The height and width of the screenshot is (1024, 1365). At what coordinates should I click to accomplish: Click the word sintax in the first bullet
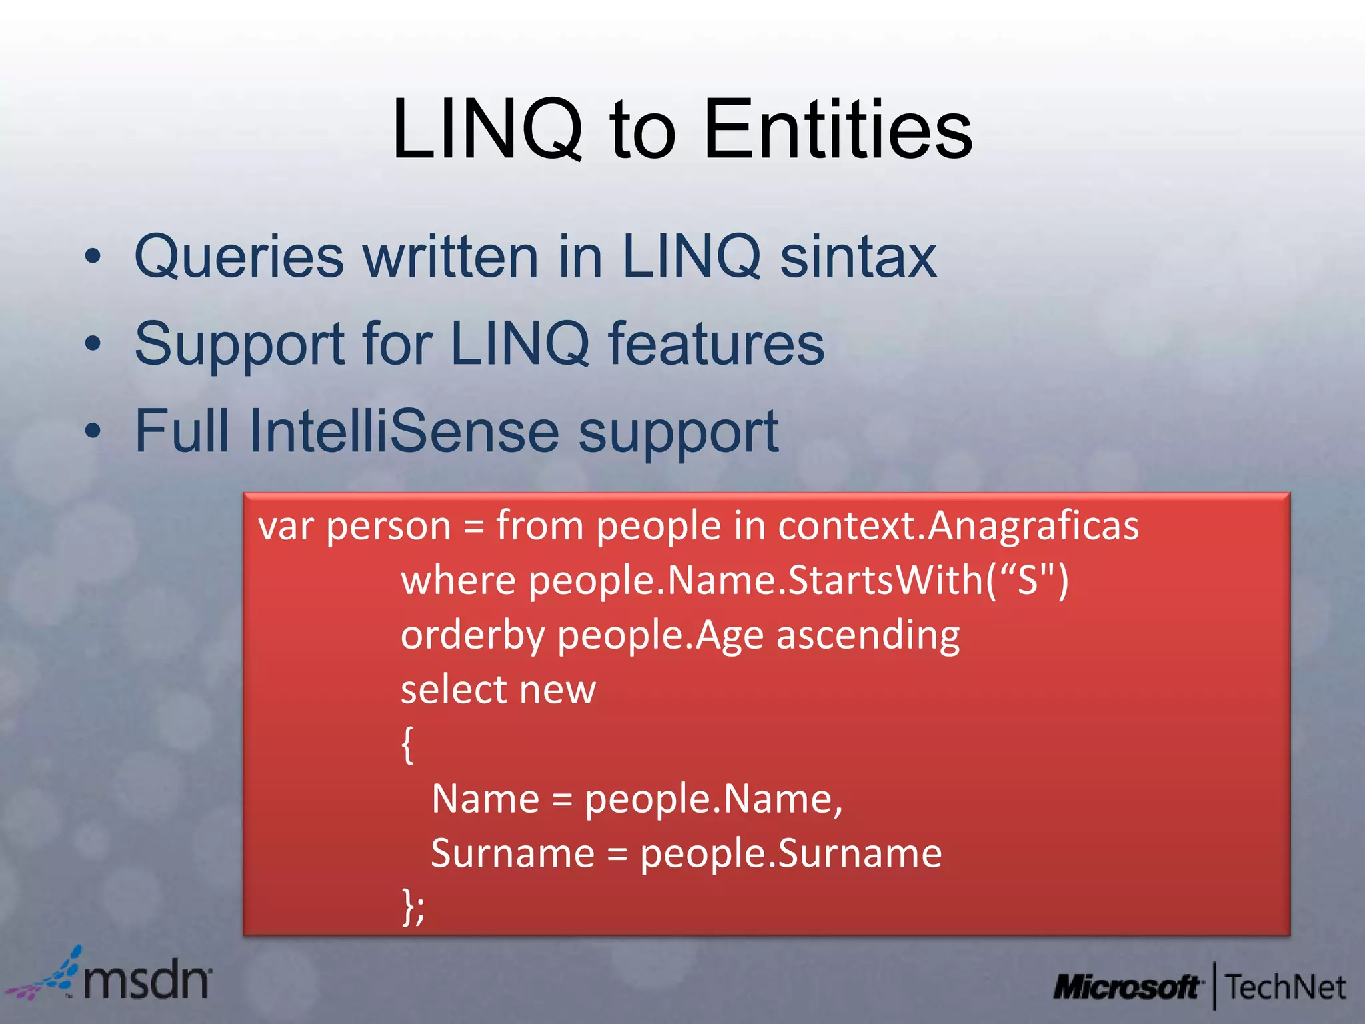click(858, 257)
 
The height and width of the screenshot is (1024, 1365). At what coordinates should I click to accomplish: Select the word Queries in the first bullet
click(239, 258)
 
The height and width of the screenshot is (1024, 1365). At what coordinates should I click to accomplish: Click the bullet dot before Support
click(93, 345)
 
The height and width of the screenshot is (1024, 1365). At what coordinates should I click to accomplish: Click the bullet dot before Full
click(93, 431)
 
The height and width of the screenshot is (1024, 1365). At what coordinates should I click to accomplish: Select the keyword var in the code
click(285, 527)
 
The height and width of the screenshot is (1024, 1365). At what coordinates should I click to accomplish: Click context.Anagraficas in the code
click(958, 527)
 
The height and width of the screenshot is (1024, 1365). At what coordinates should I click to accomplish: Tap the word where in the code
click(458, 581)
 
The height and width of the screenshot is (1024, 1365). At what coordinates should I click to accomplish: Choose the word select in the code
click(453, 689)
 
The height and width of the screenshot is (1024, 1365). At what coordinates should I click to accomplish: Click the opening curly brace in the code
click(407, 745)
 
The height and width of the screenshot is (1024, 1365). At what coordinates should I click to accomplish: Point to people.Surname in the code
click(790, 854)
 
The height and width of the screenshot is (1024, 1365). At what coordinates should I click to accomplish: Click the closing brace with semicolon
click(413, 907)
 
